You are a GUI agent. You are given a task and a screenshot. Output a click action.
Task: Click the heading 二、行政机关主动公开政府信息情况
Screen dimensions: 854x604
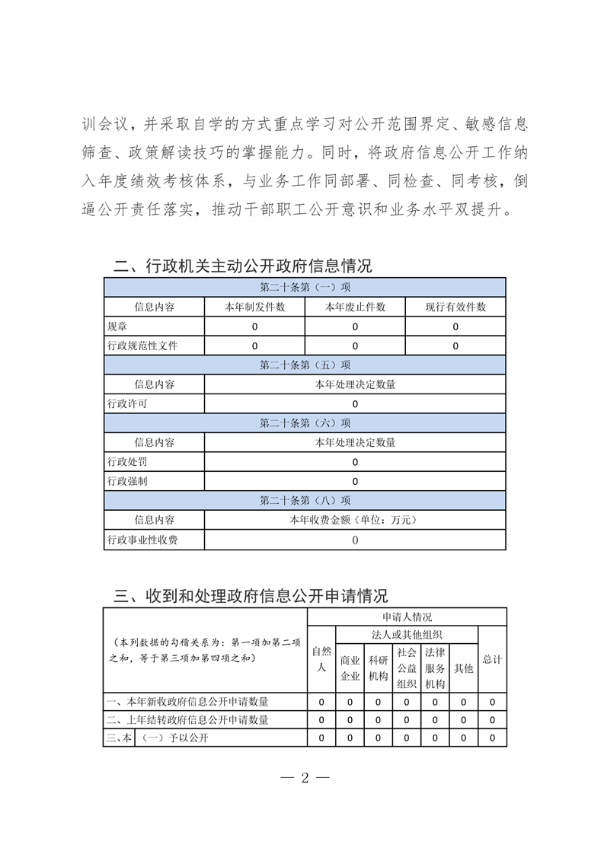(242, 266)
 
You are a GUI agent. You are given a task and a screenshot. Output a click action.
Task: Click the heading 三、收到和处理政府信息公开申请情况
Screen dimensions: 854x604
(251, 595)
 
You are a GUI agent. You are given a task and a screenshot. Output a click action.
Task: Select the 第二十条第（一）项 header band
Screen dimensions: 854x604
(305, 288)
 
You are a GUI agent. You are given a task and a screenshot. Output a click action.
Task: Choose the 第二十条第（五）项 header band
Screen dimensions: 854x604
(305, 365)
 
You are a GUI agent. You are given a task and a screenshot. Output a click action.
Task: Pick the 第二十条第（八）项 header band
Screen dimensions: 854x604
(305, 500)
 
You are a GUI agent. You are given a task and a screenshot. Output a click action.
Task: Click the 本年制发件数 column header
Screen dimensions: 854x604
(254, 307)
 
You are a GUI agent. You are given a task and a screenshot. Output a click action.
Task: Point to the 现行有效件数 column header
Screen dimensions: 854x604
(455, 307)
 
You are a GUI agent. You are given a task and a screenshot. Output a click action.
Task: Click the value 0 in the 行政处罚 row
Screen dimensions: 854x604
(355, 462)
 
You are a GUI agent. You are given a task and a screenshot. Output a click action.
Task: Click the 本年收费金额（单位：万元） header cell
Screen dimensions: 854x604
(355, 520)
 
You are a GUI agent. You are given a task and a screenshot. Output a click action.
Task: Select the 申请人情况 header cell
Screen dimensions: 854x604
(407, 617)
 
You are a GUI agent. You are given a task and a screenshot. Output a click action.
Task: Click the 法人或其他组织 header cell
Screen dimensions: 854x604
(407, 634)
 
